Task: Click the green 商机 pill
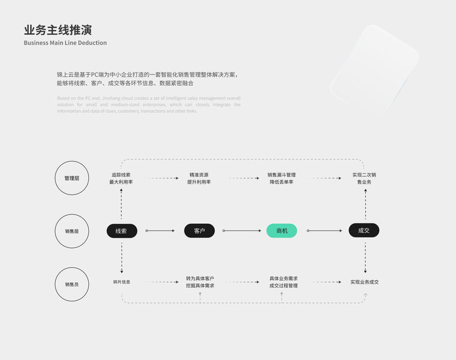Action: tap(281, 230)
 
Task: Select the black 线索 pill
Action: tap(121, 230)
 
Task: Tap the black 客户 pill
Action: tap(199, 230)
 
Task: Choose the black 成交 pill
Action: tap(364, 230)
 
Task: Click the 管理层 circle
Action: tap(72, 178)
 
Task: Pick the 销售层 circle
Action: tap(72, 231)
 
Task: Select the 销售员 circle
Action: tap(72, 284)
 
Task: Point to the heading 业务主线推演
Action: tap(58, 30)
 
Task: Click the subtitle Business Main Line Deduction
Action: tap(65, 43)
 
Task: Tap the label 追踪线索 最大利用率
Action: tap(121, 178)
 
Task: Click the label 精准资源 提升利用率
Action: tap(199, 178)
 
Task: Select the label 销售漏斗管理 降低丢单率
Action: tap(281, 178)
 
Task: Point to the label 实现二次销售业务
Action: tap(364, 178)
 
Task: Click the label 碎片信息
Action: tap(121, 282)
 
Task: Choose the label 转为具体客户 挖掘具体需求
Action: tap(200, 282)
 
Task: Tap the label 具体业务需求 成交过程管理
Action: tap(283, 282)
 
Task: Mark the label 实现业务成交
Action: tap(364, 282)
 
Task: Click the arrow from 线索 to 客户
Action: tap(163, 230)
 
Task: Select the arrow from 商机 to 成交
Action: tap(324, 230)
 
